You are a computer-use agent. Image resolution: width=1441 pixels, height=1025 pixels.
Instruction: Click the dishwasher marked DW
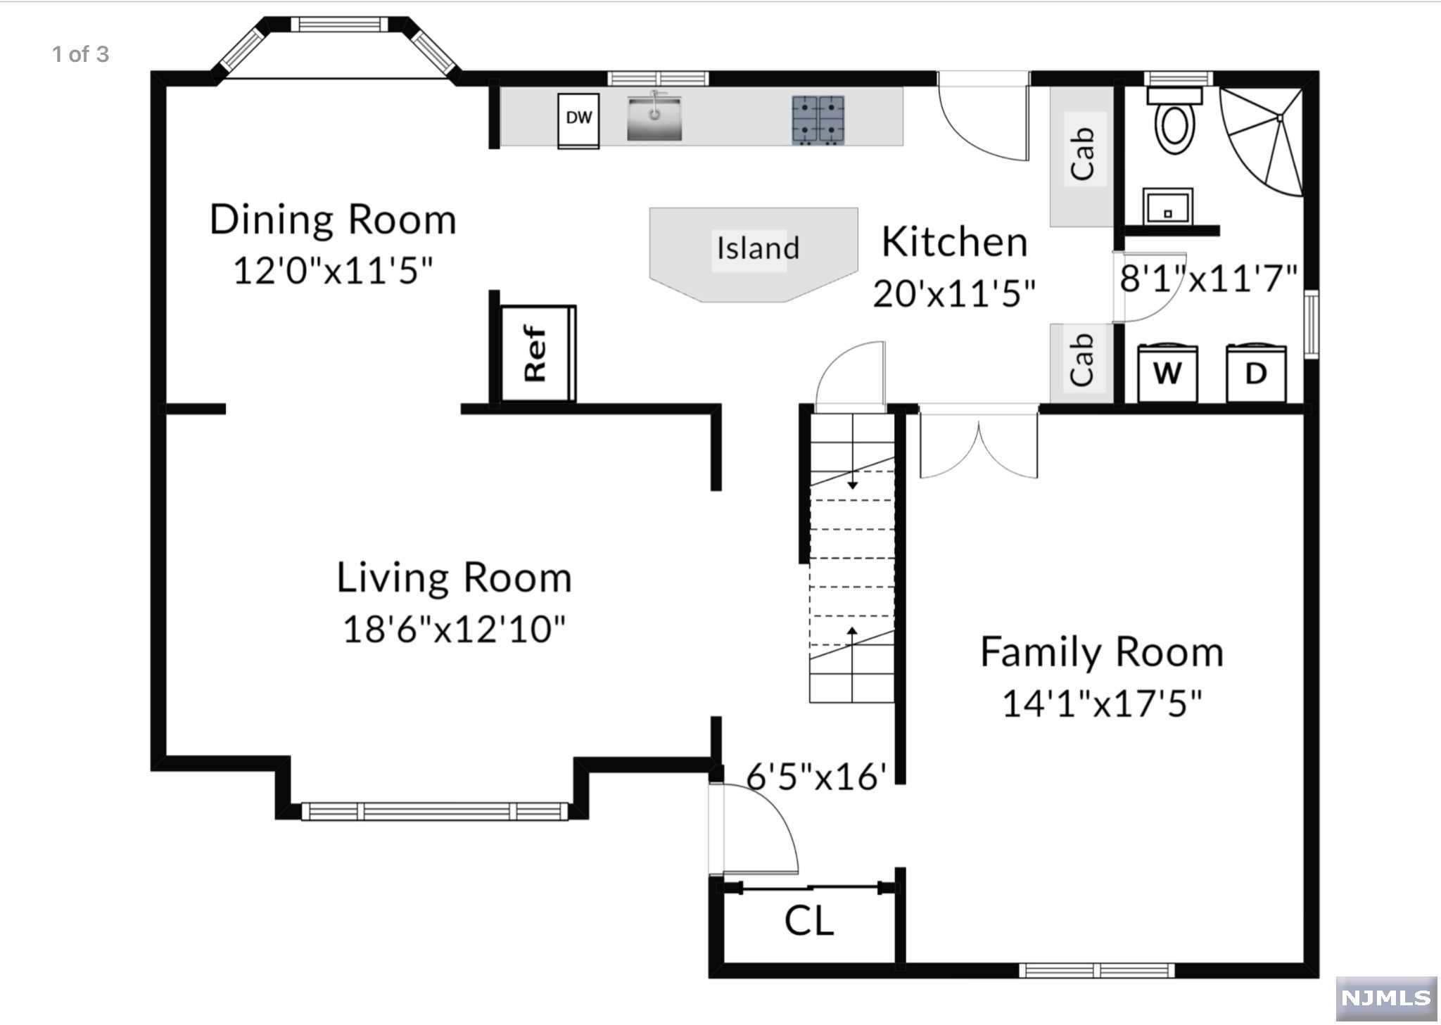[578, 120]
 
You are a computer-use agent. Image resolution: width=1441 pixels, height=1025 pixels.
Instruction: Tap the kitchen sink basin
[654, 117]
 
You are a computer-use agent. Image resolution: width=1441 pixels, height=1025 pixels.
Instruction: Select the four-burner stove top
[818, 120]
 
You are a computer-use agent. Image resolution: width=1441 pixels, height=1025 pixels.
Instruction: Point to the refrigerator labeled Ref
[538, 353]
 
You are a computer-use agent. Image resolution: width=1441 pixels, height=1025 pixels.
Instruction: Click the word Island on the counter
[758, 248]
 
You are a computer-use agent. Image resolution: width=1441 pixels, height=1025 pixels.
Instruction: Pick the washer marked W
[1167, 372]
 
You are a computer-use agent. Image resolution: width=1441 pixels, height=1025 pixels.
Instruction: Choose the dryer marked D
[1256, 372]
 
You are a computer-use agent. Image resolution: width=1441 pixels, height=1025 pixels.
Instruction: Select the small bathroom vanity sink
[1167, 206]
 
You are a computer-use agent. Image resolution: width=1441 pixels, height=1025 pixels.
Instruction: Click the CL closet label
[809, 920]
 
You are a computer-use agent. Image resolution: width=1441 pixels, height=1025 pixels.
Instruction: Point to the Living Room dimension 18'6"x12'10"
[454, 629]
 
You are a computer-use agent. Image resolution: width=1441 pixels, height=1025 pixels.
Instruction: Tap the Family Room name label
[1102, 652]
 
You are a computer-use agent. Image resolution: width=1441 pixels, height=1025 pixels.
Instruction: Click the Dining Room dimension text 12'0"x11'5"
[333, 270]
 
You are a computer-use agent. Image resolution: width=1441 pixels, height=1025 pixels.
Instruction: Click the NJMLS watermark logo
[1386, 998]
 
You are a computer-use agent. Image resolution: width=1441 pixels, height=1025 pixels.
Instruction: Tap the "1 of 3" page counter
[81, 54]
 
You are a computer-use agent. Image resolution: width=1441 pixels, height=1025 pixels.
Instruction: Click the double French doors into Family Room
[979, 443]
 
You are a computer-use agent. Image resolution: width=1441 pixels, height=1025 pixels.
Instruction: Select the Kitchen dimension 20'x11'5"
[954, 293]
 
